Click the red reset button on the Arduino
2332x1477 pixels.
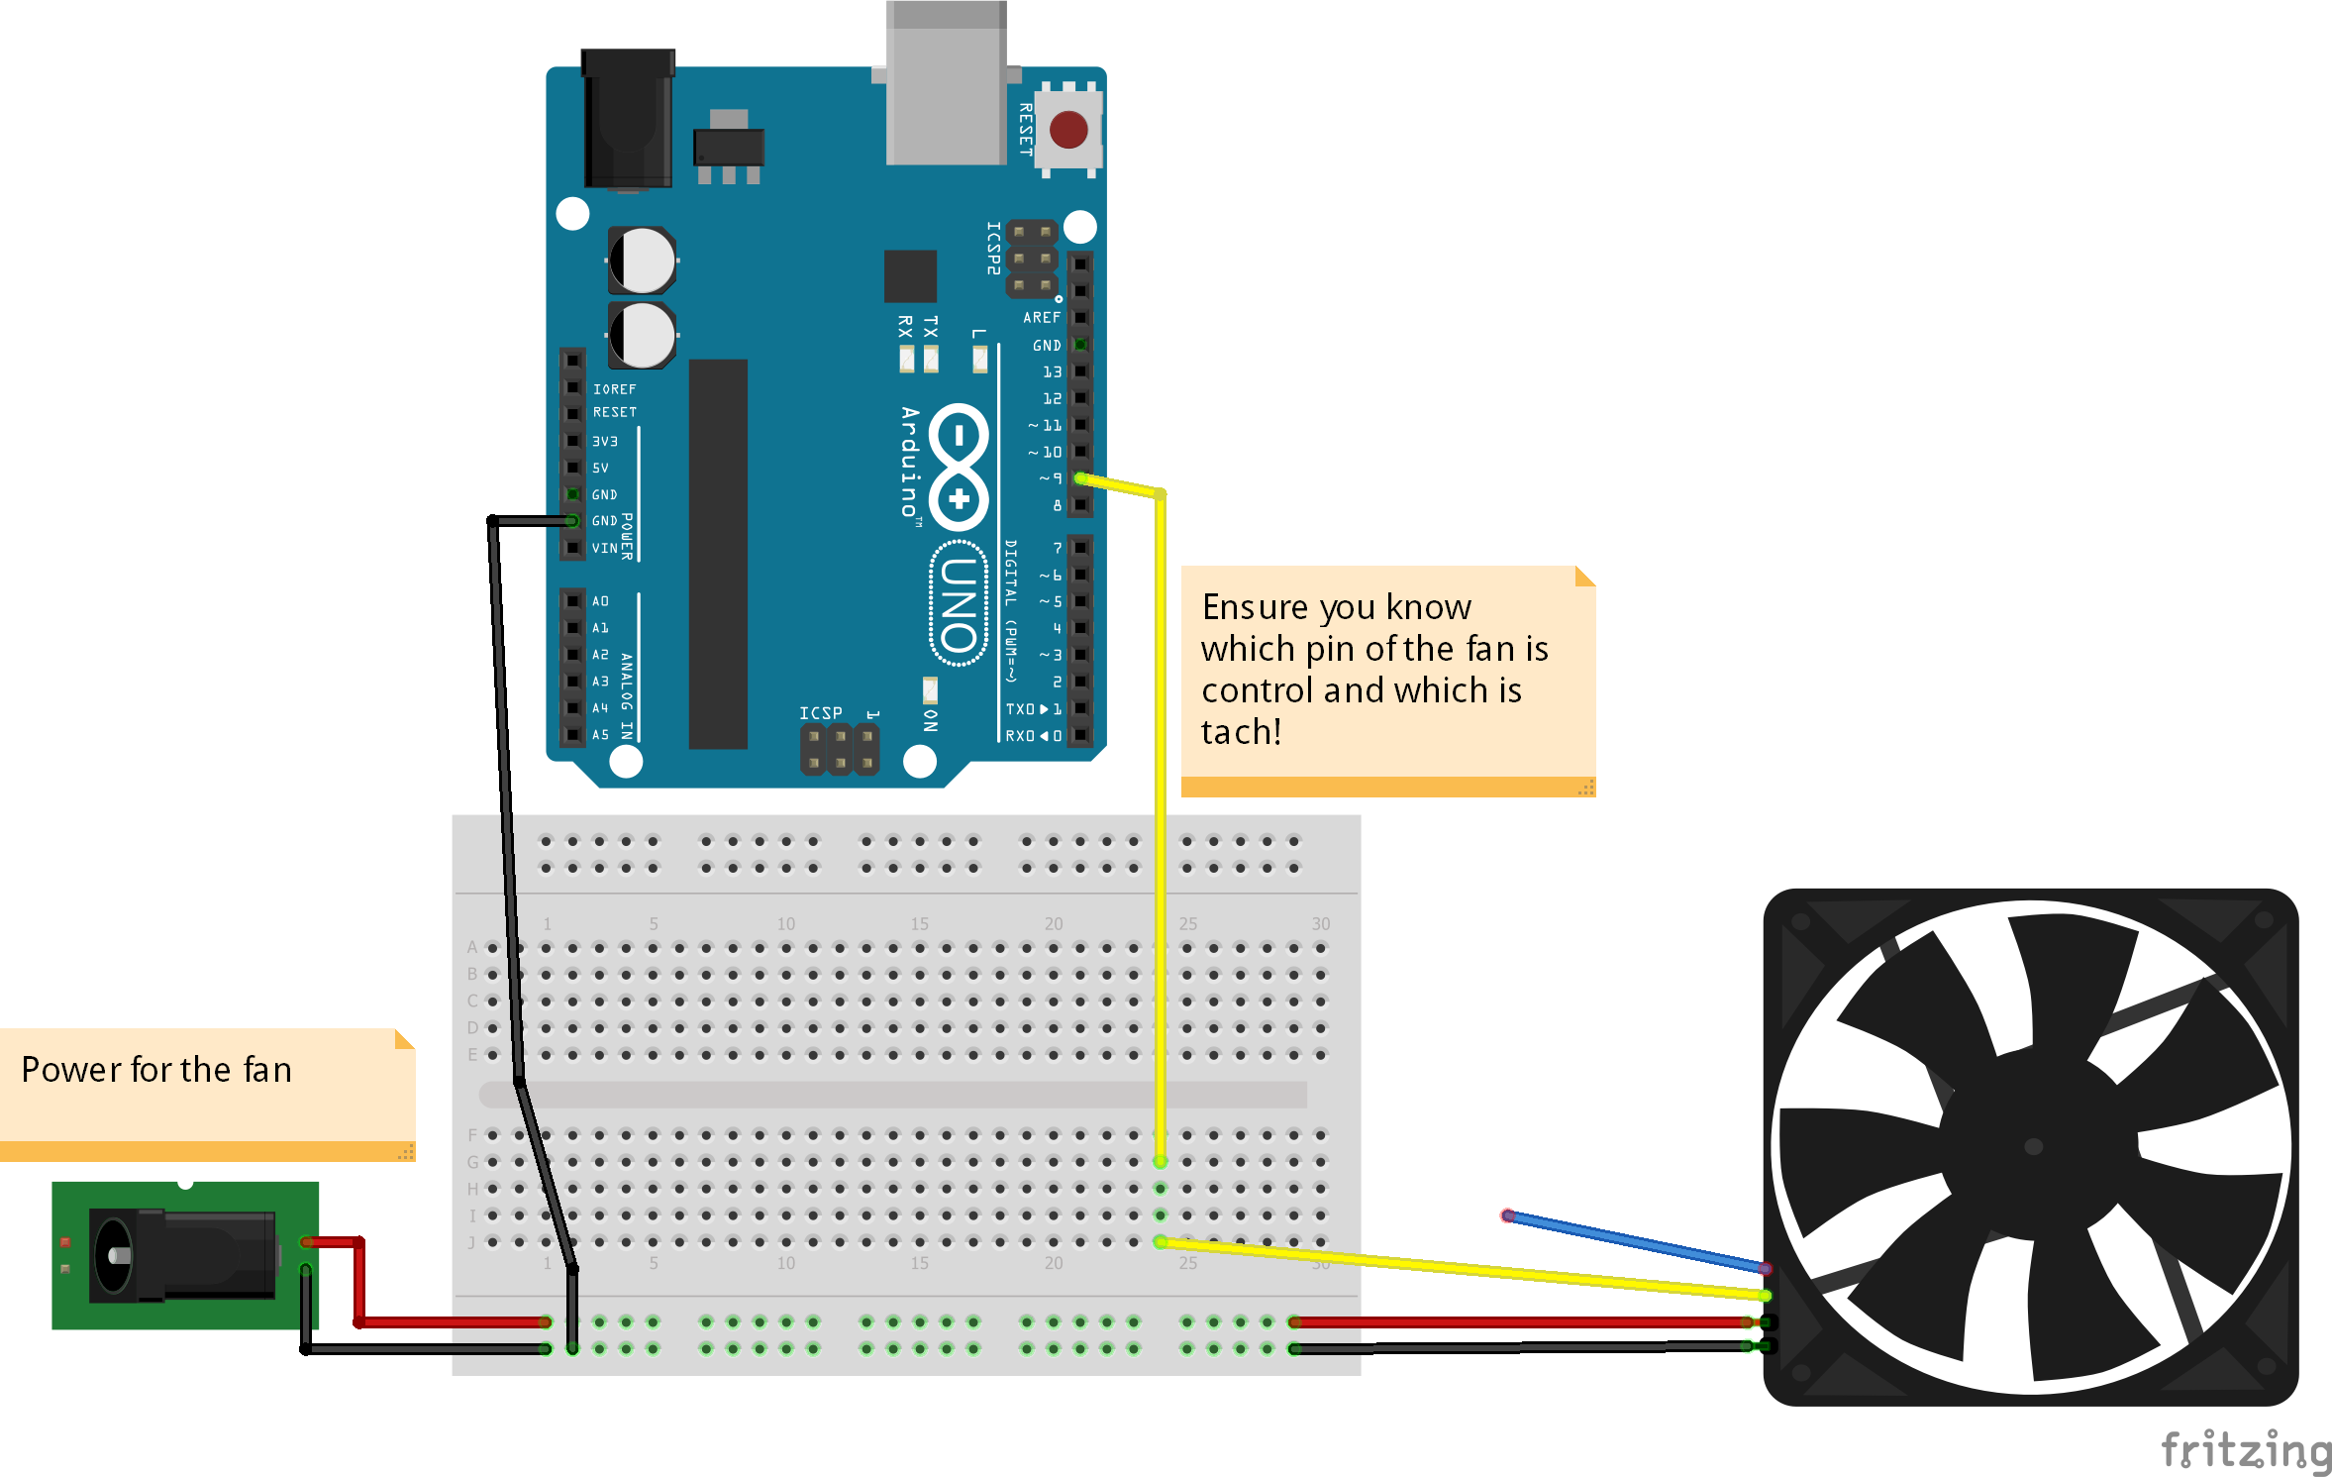(x=1068, y=130)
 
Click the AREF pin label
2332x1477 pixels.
(x=1041, y=318)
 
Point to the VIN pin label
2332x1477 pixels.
(x=604, y=548)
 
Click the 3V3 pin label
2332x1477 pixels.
(x=604, y=441)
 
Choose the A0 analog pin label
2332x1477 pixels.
(x=600, y=601)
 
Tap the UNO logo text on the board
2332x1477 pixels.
(x=959, y=603)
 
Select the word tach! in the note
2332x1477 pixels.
(x=1241, y=732)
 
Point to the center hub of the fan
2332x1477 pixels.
(x=2033, y=1146)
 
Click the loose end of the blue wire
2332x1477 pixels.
(x=1507, y=1215)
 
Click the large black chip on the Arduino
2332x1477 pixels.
(x=718, y=554)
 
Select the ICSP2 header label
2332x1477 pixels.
(x=993, y=248)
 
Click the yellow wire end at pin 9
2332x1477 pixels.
(x=1081, y=478)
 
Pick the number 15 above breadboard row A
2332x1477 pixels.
(x=919, y=923)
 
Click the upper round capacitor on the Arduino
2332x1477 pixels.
(x=642, y=261)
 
